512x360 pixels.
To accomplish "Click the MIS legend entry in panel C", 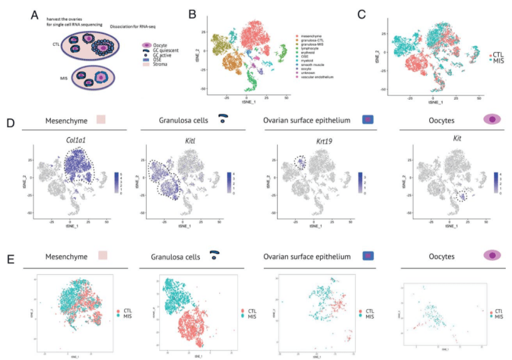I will tap(499, 62).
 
